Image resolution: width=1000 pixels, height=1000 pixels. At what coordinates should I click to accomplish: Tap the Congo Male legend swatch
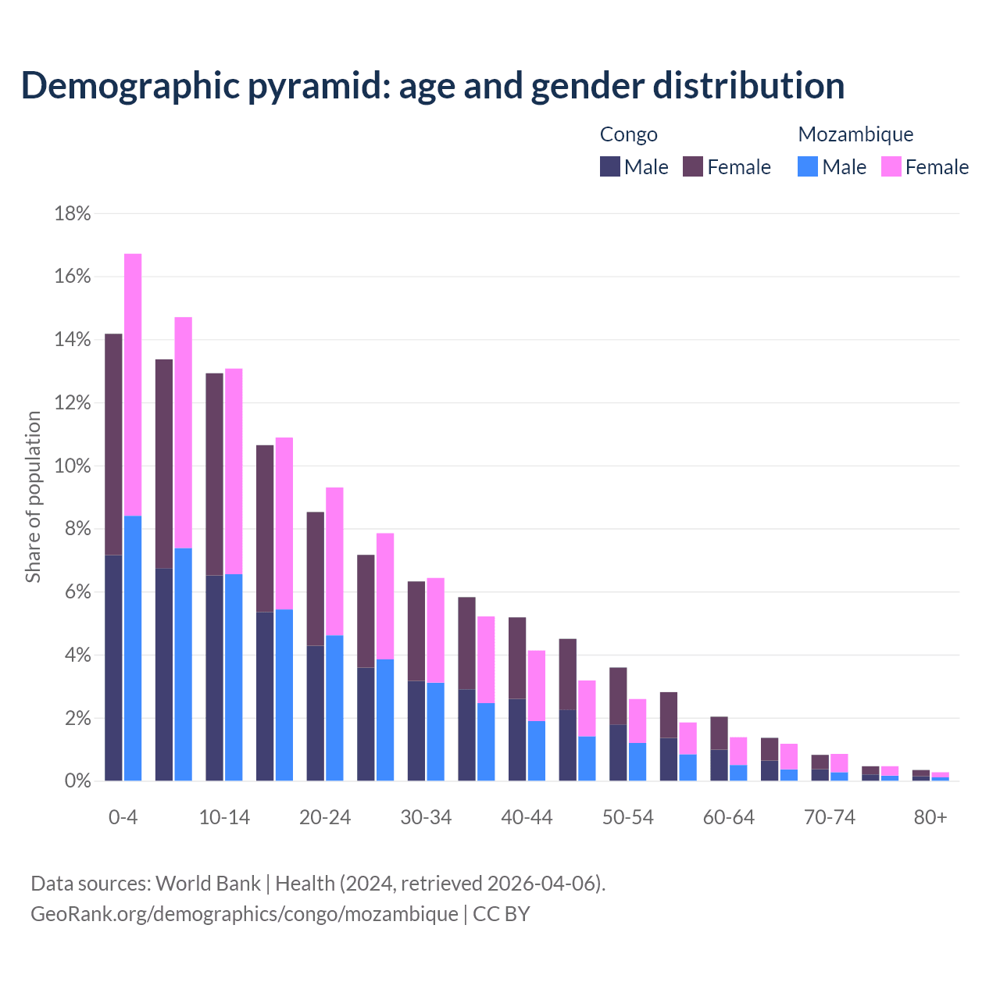coord(609,166)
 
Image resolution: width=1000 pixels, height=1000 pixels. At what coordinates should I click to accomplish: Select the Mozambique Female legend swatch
coord(891,166)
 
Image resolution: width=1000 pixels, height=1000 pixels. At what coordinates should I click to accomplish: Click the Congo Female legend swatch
coord(693,166)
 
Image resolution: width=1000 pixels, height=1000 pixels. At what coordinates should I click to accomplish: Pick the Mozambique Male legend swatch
coord(808,166)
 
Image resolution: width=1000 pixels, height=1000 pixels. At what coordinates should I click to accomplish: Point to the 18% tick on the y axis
coord(73,214)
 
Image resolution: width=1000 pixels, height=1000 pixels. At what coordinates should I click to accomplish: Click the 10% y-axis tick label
coord(73,466)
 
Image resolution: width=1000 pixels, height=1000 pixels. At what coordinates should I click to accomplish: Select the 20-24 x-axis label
coord(325,818)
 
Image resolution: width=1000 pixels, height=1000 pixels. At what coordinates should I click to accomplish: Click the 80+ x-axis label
coord(930,818)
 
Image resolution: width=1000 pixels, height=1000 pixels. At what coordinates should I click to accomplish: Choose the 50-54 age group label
coord(627,818)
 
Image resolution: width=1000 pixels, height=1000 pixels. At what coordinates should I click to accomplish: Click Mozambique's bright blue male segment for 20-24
coord(334,708)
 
